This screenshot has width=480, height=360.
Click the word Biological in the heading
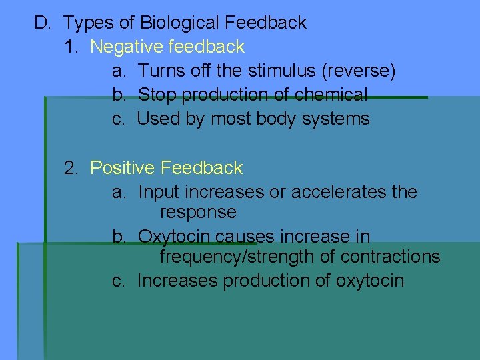(x=180, y=23)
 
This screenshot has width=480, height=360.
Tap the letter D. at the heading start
(x=43, y=23)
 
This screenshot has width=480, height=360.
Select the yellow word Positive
(x=123, y=168)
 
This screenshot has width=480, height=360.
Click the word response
(x=198, y=212)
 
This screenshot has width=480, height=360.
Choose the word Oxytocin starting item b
(x=175, y=237)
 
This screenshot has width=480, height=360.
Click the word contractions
(x=390, y=257)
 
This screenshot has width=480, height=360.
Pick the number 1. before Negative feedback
(x=72, y=47)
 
